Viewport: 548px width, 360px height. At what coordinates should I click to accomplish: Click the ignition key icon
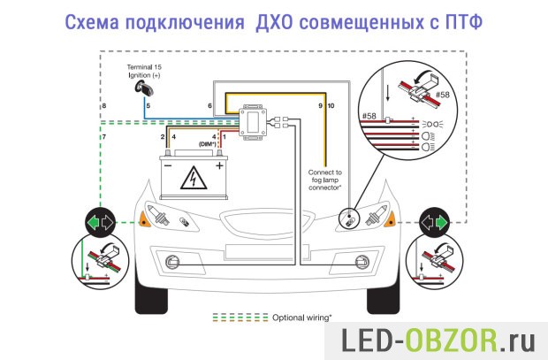(141, 88)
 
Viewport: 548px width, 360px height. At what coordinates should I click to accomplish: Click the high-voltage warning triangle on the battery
(190, 180)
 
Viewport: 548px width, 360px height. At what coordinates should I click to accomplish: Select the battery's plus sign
(217, 164)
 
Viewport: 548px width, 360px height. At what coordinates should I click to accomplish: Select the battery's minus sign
(168, 164)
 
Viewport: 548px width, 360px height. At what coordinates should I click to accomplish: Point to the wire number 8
(104, 106)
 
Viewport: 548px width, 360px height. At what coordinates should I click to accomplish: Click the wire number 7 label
(104, 138)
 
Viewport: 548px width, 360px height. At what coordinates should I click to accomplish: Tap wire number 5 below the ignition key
(148, 106)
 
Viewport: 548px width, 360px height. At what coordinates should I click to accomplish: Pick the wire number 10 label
(331, 106)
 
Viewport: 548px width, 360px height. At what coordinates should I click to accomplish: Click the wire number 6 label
(209, 106)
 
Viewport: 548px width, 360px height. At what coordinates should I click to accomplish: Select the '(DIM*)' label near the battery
(209, 145)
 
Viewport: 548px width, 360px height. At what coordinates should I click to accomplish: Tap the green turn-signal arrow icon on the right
(434, 221)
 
